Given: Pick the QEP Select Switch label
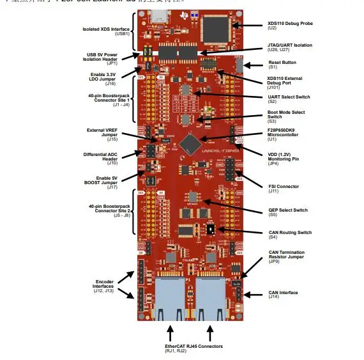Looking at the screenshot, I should pos(288,210).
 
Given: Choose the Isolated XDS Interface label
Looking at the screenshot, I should pos(106,31).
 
